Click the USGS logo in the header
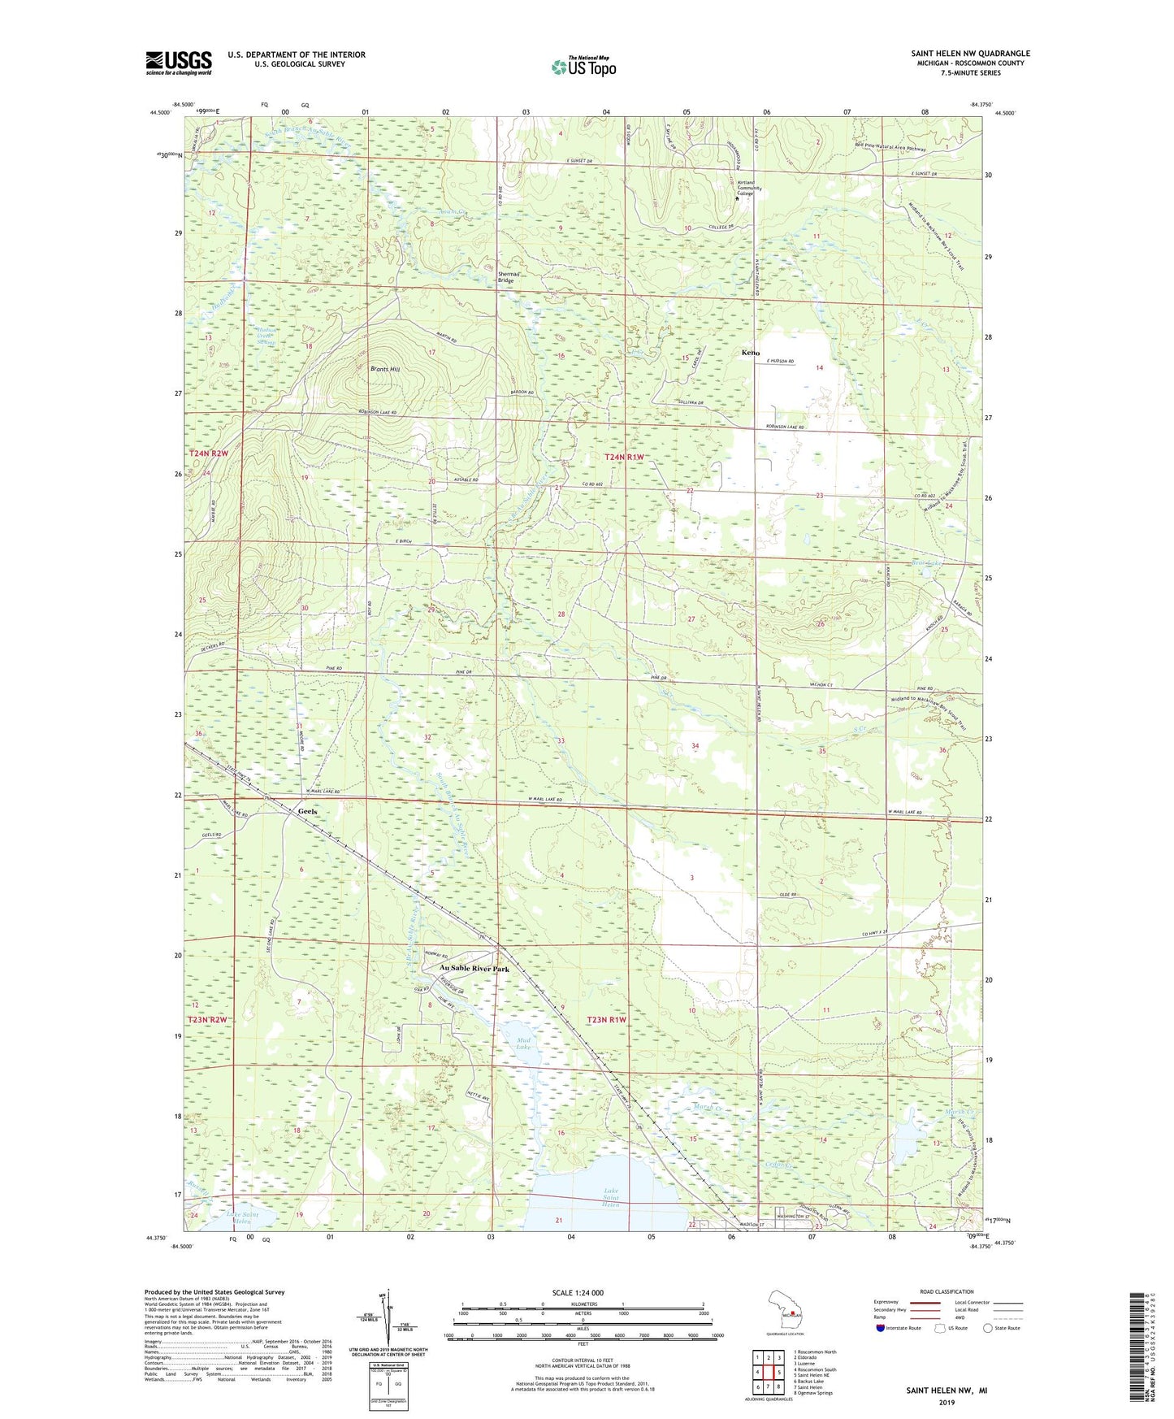point(179,63)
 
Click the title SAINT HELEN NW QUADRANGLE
point(970,54)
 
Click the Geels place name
point(308,812)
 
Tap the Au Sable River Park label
point(474,970)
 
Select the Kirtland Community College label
point(746,188)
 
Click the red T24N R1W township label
point(624,458)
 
